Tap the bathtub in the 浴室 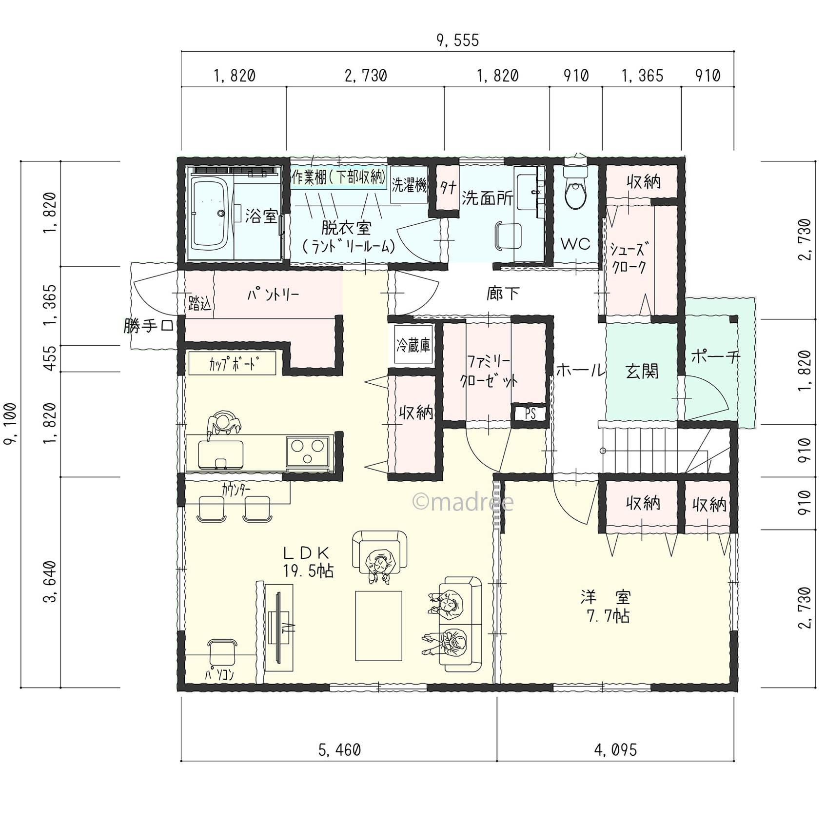pyautogui.click(x=210, y=213)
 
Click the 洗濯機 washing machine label pyautogui.click(x=410, y=185)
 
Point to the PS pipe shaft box pyautogui.click(x=530, y=413)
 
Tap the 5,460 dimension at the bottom pyautogui.click(x=339, y=749)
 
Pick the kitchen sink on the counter pyautogui.click(x=220, y=454)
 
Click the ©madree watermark pyautogui.click(x=463, y=502)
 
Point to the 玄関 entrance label pyautogui.click(x=642, y=372)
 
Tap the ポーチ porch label pyautogui.click(x=715, y=357)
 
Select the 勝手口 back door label pyautogui.click(x=148, y=326)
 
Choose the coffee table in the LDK pyautogui.click(x=379, y=626)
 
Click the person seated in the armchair pyautogui.click(x=379, y=566)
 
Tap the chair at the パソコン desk pyautogui.click(x=222, y=653)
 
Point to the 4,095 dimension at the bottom pyautogui.click(x=615, y=749)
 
